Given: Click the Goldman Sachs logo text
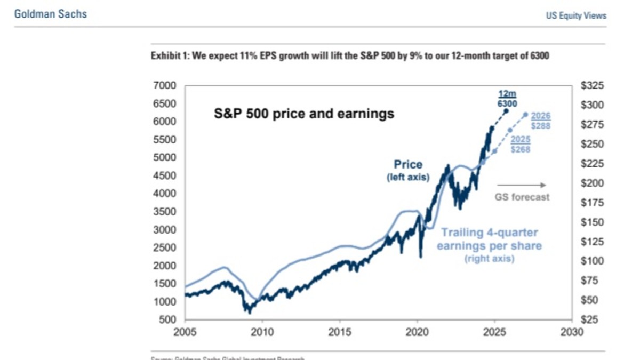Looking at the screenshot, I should pos(50,14).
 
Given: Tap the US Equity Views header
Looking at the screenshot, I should pos(576,15).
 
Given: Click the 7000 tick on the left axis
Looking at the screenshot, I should pos(165,85).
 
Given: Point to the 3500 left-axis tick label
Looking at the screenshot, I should pos(165,212).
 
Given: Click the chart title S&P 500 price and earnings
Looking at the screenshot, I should pos(304,114).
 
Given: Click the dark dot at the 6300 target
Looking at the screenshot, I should pos(506,111).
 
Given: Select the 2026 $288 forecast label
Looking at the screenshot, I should pos(540,121).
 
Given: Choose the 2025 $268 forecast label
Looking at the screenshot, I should pos(521,145).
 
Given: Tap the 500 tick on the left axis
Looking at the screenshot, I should pos(169,320).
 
